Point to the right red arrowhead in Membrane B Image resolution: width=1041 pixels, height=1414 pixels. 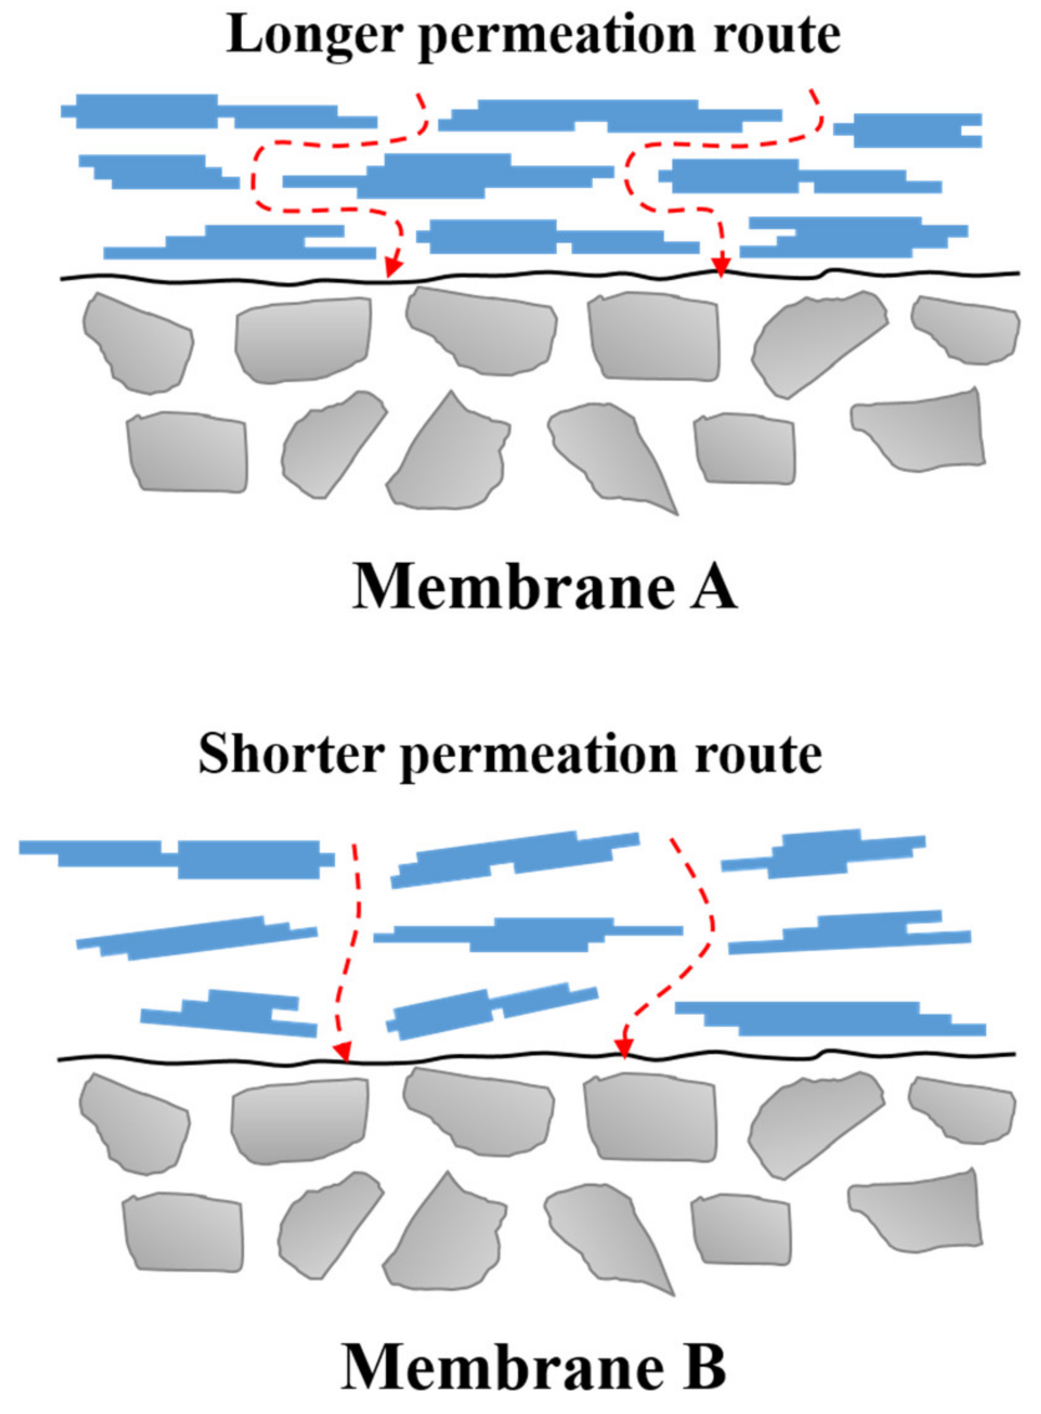point(624,1047)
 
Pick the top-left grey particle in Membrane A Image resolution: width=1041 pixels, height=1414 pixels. point(137,344)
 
